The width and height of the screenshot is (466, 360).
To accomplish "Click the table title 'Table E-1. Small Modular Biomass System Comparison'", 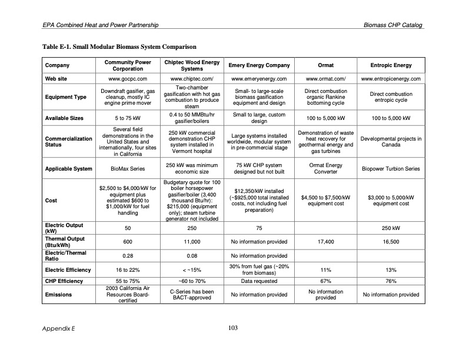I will (x=119, y=46).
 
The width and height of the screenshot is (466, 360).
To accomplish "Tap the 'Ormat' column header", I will (x=325, y=65).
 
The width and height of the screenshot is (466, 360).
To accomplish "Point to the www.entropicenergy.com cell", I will (x=391, y=78).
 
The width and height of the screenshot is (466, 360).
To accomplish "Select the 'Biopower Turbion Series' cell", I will (x=391, y=169).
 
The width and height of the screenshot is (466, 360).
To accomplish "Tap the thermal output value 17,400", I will (x=325, y=242).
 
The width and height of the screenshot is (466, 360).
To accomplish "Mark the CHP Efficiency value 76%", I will (x=391, y=281).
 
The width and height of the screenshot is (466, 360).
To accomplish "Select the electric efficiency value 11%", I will (x=325, y=270).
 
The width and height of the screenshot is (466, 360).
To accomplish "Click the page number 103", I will (x=232, y=328).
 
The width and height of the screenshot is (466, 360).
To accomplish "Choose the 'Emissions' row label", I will (x=58, y=295).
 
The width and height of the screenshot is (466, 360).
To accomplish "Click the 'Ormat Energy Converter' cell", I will (x=325, y=169).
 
